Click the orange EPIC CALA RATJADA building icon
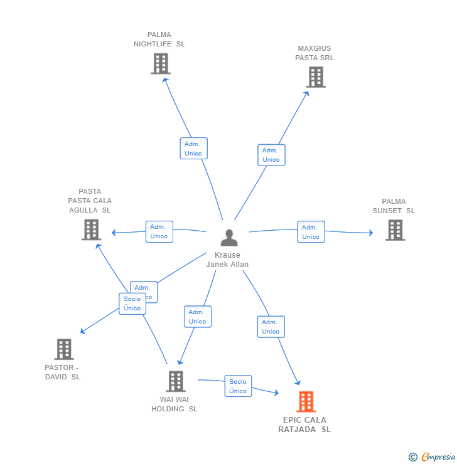tap(306, 401)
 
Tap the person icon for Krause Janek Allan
tap(229, 238)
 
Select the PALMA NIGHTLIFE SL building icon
tap(161, 63)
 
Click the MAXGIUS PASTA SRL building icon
tap(316, 77)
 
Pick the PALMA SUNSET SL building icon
tap(395, 230)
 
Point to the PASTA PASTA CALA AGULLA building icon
tap(91, 229)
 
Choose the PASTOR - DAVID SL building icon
tap(64, 349)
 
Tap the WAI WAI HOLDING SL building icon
tap(176, 381)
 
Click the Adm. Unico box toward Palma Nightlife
tap(194, 148)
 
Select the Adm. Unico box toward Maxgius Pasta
tap(271, 155)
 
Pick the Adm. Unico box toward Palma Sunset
tap(311, 232)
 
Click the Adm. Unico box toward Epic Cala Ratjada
tap(271, 327)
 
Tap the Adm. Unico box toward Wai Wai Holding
tap(198, 317)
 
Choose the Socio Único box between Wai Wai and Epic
tap(238, 386)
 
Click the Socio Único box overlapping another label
tap(132, 303)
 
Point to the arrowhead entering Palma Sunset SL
tap(371, 233)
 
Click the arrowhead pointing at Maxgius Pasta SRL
tap(307, 93)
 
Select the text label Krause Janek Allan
tap(227, 260)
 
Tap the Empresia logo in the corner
tap(432, 457)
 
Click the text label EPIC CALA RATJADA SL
tap(304, 424)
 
